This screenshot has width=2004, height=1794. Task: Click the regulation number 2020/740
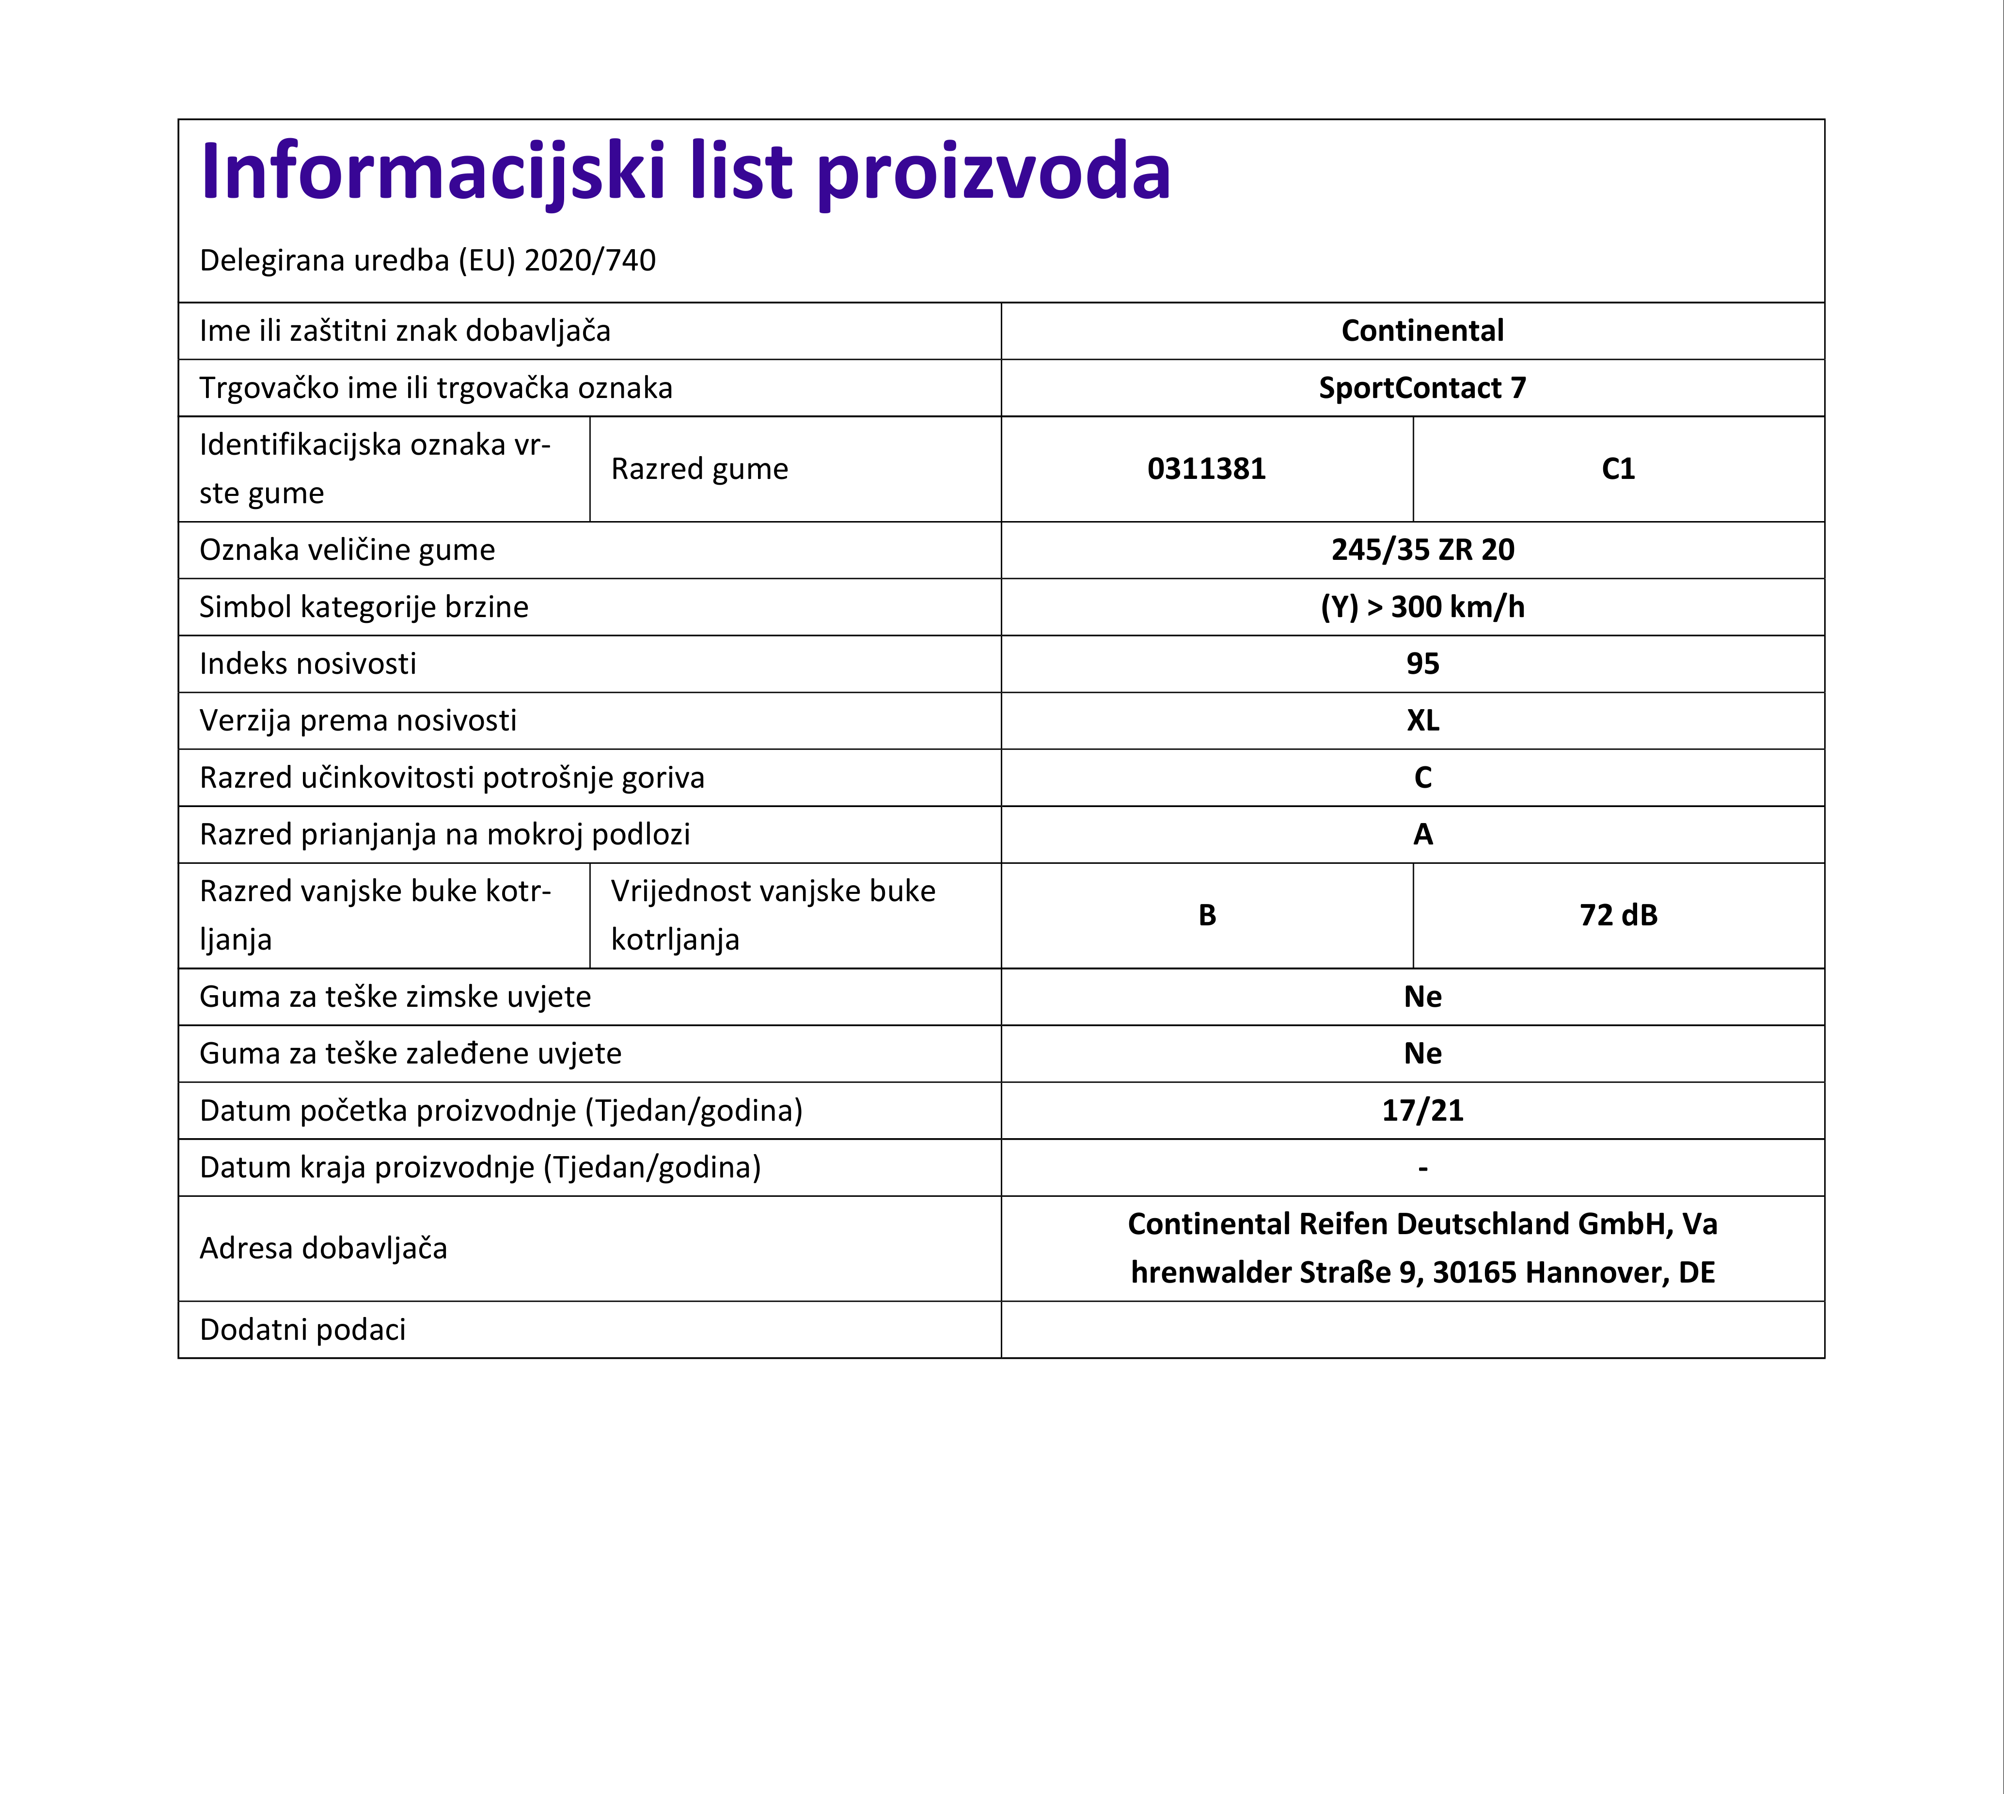coord(589,260)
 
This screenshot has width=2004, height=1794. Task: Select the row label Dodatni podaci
coord(302,1330)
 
